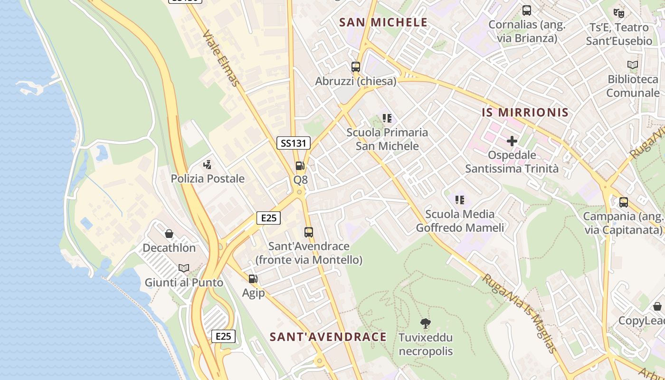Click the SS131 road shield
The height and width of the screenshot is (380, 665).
[x=294, y=142]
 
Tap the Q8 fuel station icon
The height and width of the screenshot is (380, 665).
[x=300, y=166]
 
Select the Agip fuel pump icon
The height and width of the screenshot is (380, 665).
[x=253, y=279]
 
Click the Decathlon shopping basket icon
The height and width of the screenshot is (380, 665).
[x=169, y=234]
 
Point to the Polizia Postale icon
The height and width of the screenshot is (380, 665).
[x=207, y=165]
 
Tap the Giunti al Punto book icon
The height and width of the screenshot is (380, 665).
[x=183, y=268]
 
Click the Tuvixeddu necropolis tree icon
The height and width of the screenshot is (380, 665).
[x=426, y=323]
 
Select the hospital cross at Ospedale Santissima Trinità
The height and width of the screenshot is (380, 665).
[x=512, y=141]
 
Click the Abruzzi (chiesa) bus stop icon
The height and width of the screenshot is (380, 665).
[x=356, y=67]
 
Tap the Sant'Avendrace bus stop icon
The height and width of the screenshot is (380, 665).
[x=309, y=232]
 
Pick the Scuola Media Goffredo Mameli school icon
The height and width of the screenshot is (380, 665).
[x=459, y=200]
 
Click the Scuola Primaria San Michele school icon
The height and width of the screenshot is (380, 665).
[x=387, y=118]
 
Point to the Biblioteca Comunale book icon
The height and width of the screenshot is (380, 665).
[x=633, y=65]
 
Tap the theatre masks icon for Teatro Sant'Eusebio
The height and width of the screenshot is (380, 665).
[x=618, y=13]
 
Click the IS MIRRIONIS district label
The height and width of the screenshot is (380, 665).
[x=525, y=113]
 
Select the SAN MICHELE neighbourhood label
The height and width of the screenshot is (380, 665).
[x=384, y=22]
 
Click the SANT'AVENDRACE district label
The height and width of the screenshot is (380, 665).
[x=328, y=337]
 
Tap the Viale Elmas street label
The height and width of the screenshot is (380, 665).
[x=221, y=58]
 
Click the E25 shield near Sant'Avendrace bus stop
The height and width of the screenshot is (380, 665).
[x=268, y=218]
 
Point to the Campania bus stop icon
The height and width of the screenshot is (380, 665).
[x=624, y=202]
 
